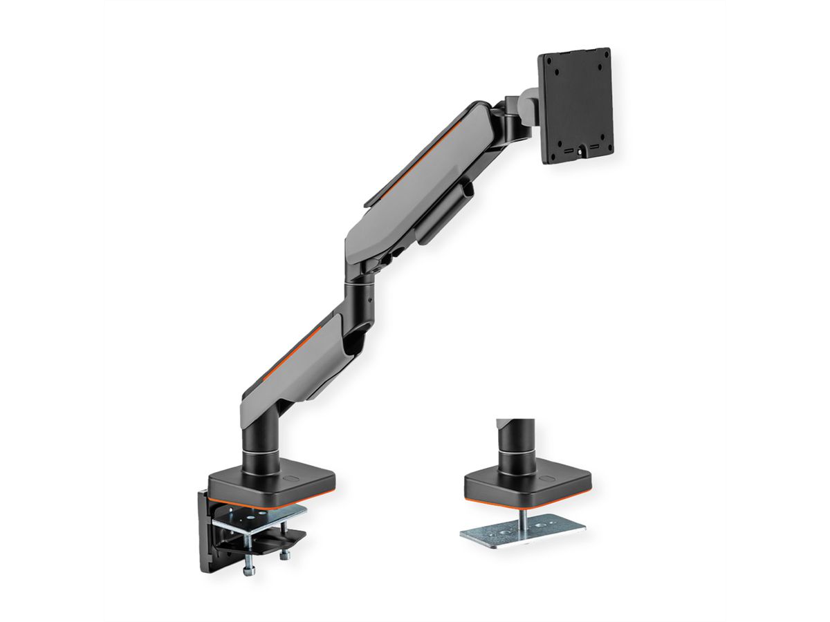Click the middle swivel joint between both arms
click(360, 290)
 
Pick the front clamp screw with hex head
click(250, 563)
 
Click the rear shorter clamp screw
click(284, 553)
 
